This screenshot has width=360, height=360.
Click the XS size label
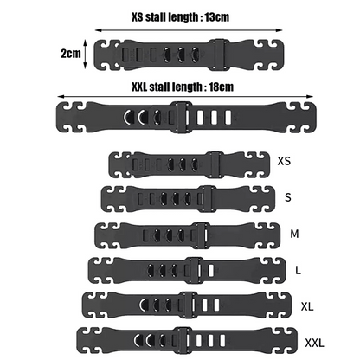pyautogui.click(x=284, y=161)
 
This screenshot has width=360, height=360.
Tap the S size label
pyautogui.click(x=288, y=197)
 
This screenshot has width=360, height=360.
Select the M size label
pyautogui.click(x=294, y=234)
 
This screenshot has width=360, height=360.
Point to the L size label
pyautogui.click(x=298, y=270)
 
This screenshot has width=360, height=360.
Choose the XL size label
pyautogui.click(x=307, y=306)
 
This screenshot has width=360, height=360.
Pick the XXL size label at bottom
pyautogui.click(x=314, y=343)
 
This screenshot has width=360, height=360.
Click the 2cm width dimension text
pyautogui.click(x=71, y=54)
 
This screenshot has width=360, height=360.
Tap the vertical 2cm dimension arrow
pyautogui.click(x=85, y=55)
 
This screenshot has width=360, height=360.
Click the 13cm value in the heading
pyautogui.click(x=217, y=17)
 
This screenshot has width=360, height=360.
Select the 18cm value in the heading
pyautogui.click(x=221, y=87)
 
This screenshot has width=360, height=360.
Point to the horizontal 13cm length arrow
pyautogui.click(x=189, y=30)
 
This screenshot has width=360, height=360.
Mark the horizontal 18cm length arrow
pyautogui.click(x=185, y=97)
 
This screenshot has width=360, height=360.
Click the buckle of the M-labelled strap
pyautogui.click(x=201, y=235)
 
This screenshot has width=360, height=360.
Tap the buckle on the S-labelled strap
pyautogui.click(x=208, y=199)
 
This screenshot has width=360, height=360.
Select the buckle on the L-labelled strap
pyautogui.click(x=195, y=271)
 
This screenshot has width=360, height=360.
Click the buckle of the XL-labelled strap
pyautogui.click(x=188, y=305)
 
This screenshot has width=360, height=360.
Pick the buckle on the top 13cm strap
pyautogui.click(x=221, y=55)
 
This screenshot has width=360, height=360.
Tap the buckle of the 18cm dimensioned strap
pyautogui.click(x=181, y=117)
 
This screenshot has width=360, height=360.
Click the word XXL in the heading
pyautogui.click(x=138, y=87)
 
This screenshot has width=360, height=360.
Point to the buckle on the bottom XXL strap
pyautogui.click(x=183, y=340)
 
